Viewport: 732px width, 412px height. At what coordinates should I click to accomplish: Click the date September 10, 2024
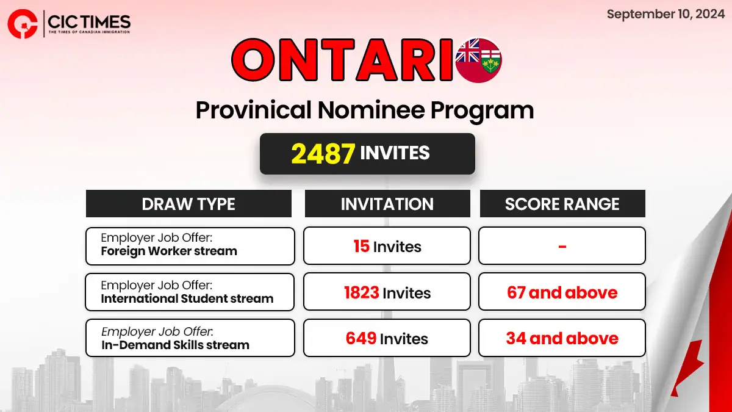pos(666,14)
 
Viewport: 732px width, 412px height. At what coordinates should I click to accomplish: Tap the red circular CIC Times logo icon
pos(23,24)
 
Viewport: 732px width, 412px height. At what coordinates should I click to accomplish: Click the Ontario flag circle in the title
pos(478,60)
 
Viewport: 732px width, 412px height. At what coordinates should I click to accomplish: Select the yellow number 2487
pos(323,153)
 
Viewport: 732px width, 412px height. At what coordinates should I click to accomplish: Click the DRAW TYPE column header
pos(188,204)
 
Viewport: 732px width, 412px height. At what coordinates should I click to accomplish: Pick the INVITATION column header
pos(387,204)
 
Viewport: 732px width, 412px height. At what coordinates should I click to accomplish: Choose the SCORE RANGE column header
pos(562,204)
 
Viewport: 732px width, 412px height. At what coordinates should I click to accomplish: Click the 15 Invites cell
pos(387,246)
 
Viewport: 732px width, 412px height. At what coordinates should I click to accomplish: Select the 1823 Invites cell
pos(387,292)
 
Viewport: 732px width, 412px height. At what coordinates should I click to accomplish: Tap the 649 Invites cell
pos(387,338)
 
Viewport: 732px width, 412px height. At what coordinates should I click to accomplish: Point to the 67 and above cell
pos(562,292)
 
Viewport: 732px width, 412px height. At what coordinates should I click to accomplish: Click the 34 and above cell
pos(562,338)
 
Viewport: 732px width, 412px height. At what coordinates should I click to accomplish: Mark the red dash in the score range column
pos(562,247)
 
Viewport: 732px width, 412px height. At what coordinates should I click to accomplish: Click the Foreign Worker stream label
pos(169,251)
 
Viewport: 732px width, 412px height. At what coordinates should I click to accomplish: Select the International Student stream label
pos(187,298)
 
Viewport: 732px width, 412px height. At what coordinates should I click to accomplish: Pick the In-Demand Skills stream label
pos(175,345)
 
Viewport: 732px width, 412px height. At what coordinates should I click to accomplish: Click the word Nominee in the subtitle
pos(371,110)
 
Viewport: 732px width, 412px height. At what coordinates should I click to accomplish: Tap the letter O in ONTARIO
pos(253,60)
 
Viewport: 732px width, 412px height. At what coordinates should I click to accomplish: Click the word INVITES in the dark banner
pos(395,153)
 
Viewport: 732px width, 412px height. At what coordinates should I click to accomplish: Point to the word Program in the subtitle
pos(482,112)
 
